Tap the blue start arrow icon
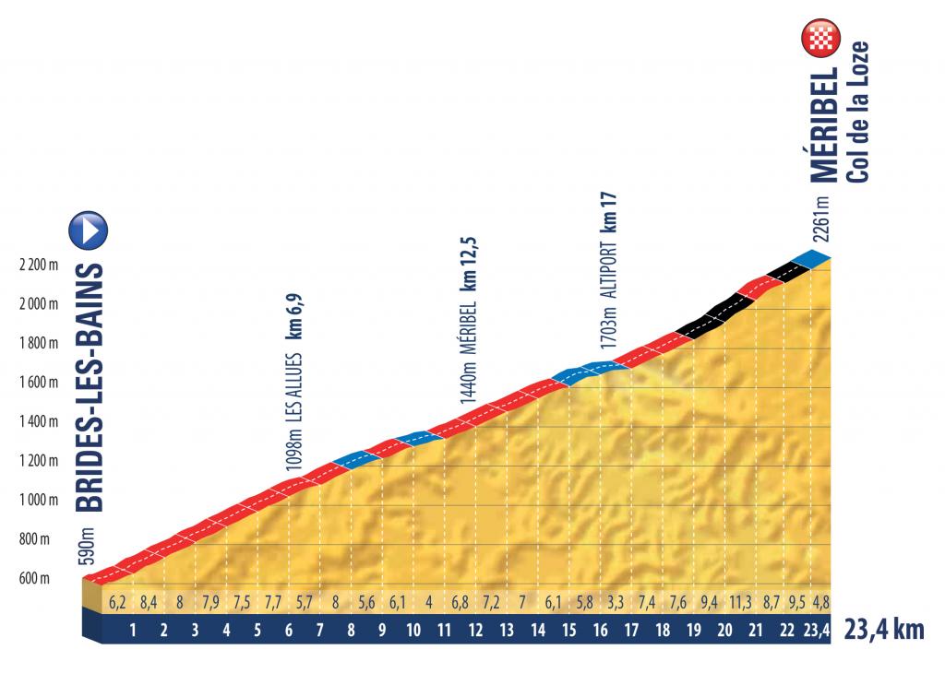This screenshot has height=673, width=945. tap(88, 230)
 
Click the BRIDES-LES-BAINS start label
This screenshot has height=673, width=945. tap(90, 386)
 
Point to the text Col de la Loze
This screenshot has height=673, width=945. tap(855, 112)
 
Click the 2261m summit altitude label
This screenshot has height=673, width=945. tap(821, 218)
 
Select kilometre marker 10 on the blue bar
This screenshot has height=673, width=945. tap(413, 632)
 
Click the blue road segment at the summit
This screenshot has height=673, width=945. tap(809, 260)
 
